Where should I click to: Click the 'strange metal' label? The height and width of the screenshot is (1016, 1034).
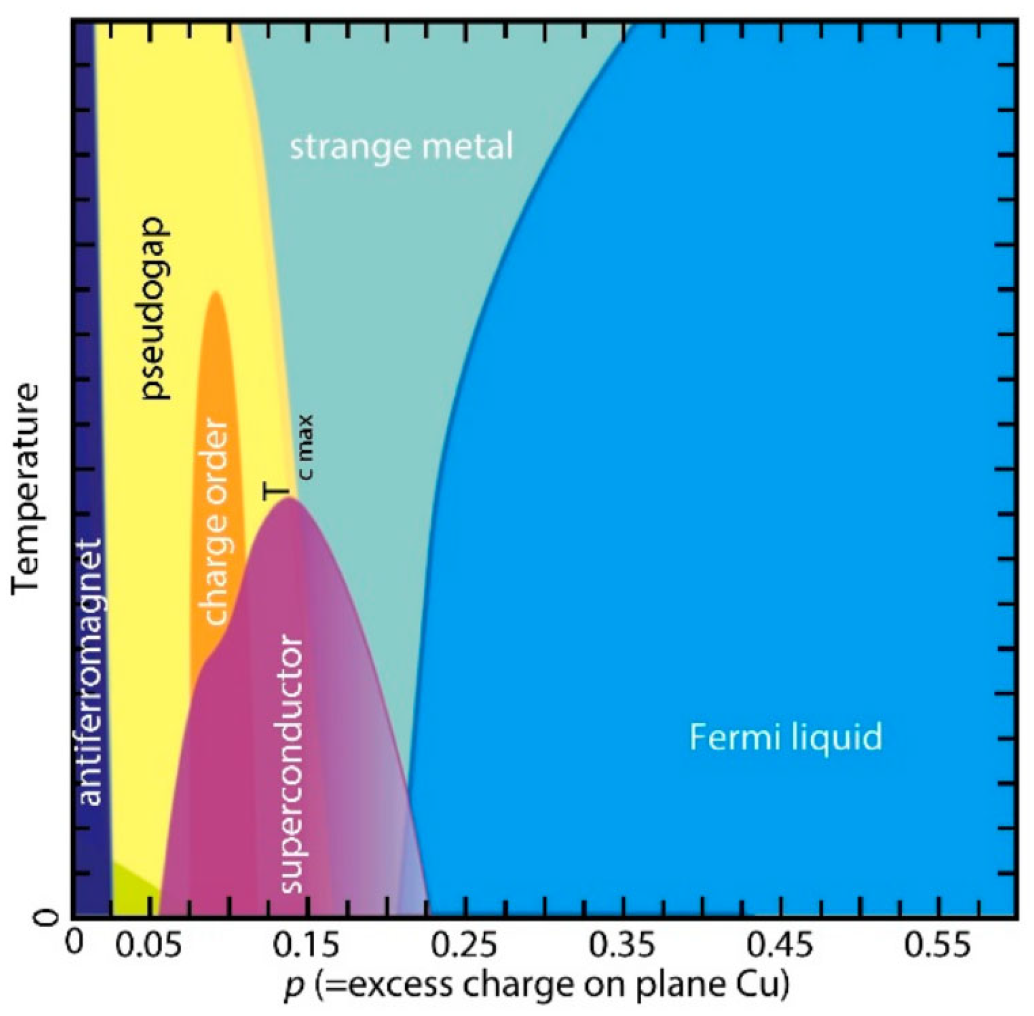pyautogui.click(x=400, y=147)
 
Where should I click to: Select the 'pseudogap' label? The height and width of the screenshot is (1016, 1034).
pyautogui.click(x=154, y=307)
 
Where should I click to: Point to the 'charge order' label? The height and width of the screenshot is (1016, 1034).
pyautogui.click(x=215, y=522)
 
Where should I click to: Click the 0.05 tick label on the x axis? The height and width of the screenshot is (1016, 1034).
pyautogui.click(x=149, y=946)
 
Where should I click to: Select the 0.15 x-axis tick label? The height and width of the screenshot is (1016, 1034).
pyautogui.click(x=306, y=946)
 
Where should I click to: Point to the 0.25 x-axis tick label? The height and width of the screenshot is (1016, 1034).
pyautogui.click(x=464, y=946)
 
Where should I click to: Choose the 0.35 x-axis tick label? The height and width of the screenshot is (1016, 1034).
pyautogui.click(x=621, y=946)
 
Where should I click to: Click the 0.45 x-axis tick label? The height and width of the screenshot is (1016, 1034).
pyautogui.click(x=779, y=946)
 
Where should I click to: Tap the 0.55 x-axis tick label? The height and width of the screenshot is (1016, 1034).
pyautogui.click(x=936, y=946)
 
